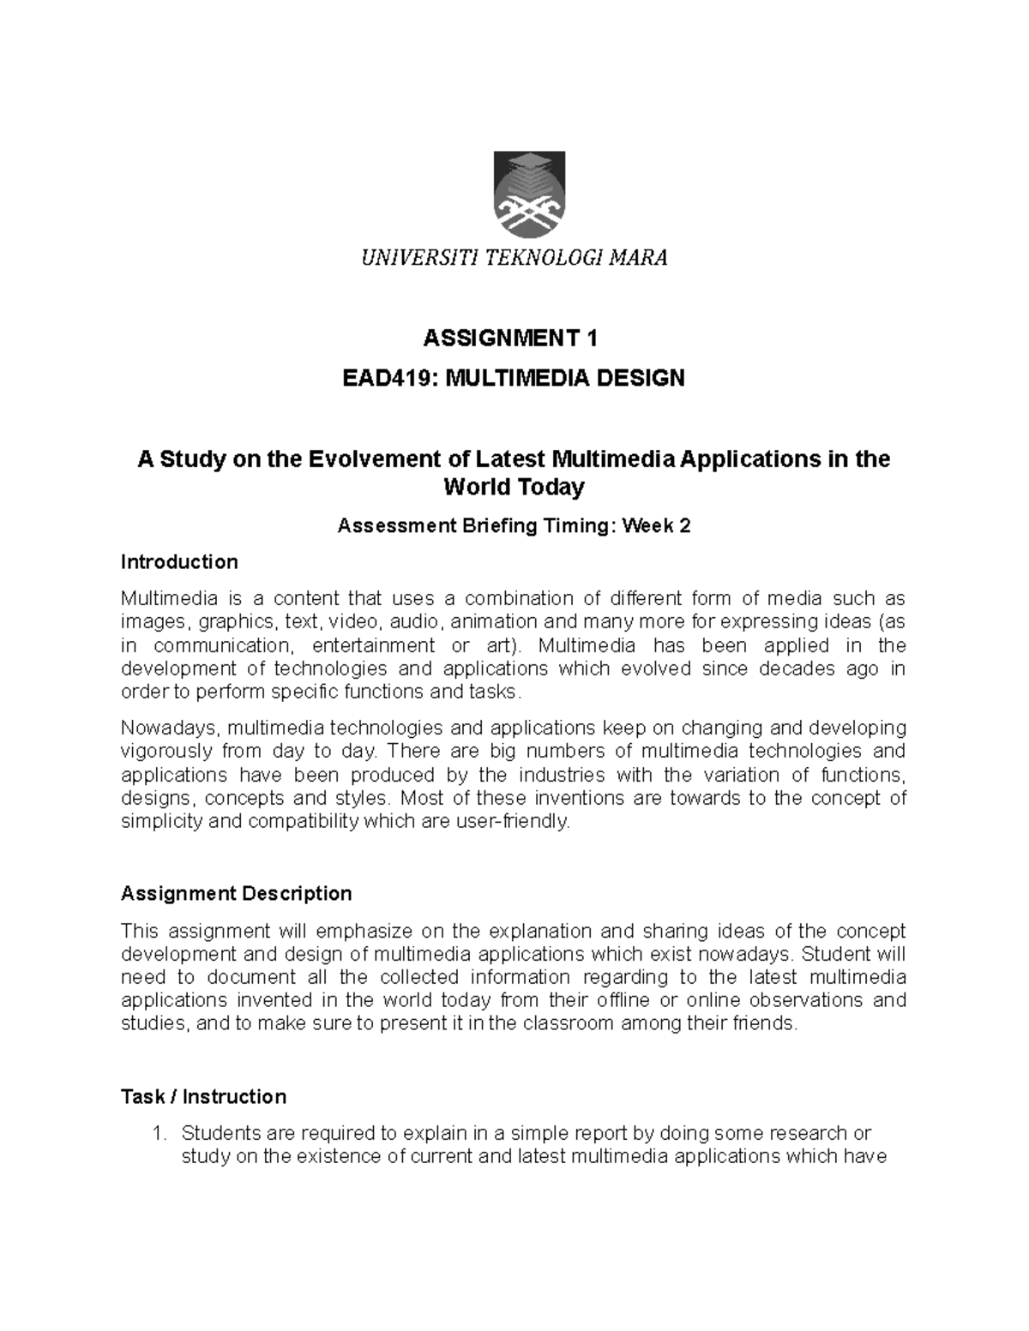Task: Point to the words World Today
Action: [x=514, y=488]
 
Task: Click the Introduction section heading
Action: [x=179, y=562]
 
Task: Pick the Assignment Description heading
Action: [x=237, y=894]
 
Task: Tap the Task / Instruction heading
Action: [x=203, y=1097]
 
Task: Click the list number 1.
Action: [x=157, y=1134]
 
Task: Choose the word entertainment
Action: [x=374, y=645]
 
